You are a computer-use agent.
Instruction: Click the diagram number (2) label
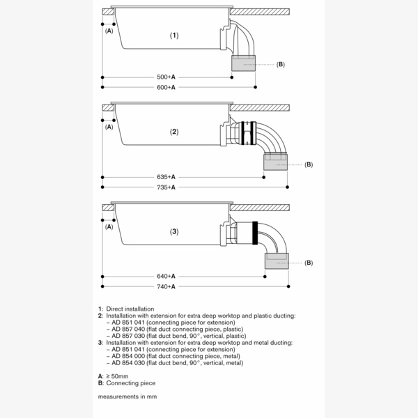pos(174,131)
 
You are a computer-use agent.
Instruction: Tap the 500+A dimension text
pos(166,77)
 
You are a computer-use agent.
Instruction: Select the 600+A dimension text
pos(166,87)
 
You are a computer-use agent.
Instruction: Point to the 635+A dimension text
pos(166,177)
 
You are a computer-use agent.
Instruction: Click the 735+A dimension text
pos(166,187)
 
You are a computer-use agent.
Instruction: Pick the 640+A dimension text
pos(166,277)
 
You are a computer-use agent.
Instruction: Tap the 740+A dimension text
pos(166,287)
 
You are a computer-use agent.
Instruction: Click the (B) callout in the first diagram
pos(280,65)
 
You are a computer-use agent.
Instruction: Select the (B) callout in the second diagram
pos(309,164)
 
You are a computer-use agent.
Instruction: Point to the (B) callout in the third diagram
pos(309,263)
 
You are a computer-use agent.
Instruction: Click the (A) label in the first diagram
pos(109,31)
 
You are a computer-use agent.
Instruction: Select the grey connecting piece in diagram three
pos(276,262)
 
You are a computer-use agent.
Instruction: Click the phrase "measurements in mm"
pos(127,396)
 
